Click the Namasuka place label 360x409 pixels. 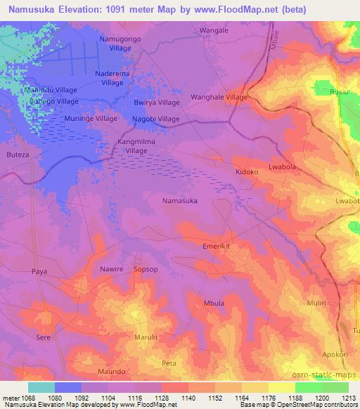[179, 200]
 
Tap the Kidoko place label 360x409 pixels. [246, 171]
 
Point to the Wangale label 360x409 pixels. [214, 31]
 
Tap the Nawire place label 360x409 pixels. [111, 269]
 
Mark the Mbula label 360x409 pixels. [214, 303]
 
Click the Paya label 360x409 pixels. [39, 271]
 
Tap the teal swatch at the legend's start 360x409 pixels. [41, 387]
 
